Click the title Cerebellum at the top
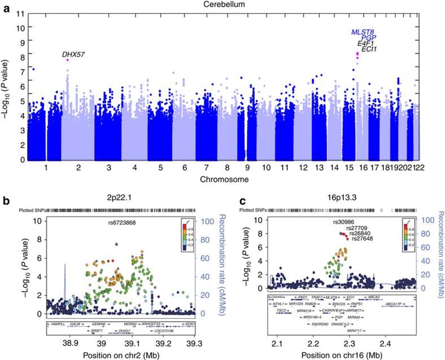pyautogui.click(x=222, y=5)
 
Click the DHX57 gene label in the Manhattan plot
pyautogui.click(x=73, y=54)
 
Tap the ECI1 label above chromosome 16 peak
pyautogui.click(x=369, y=50)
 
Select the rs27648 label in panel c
pyautogui.click(x=365, y=239)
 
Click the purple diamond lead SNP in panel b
pyautogui.click(x=116, y=245)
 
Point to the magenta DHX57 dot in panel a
pyautogui.click(x=68, y=60)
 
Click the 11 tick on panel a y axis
pyautogui.click(x=20, y=12)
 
